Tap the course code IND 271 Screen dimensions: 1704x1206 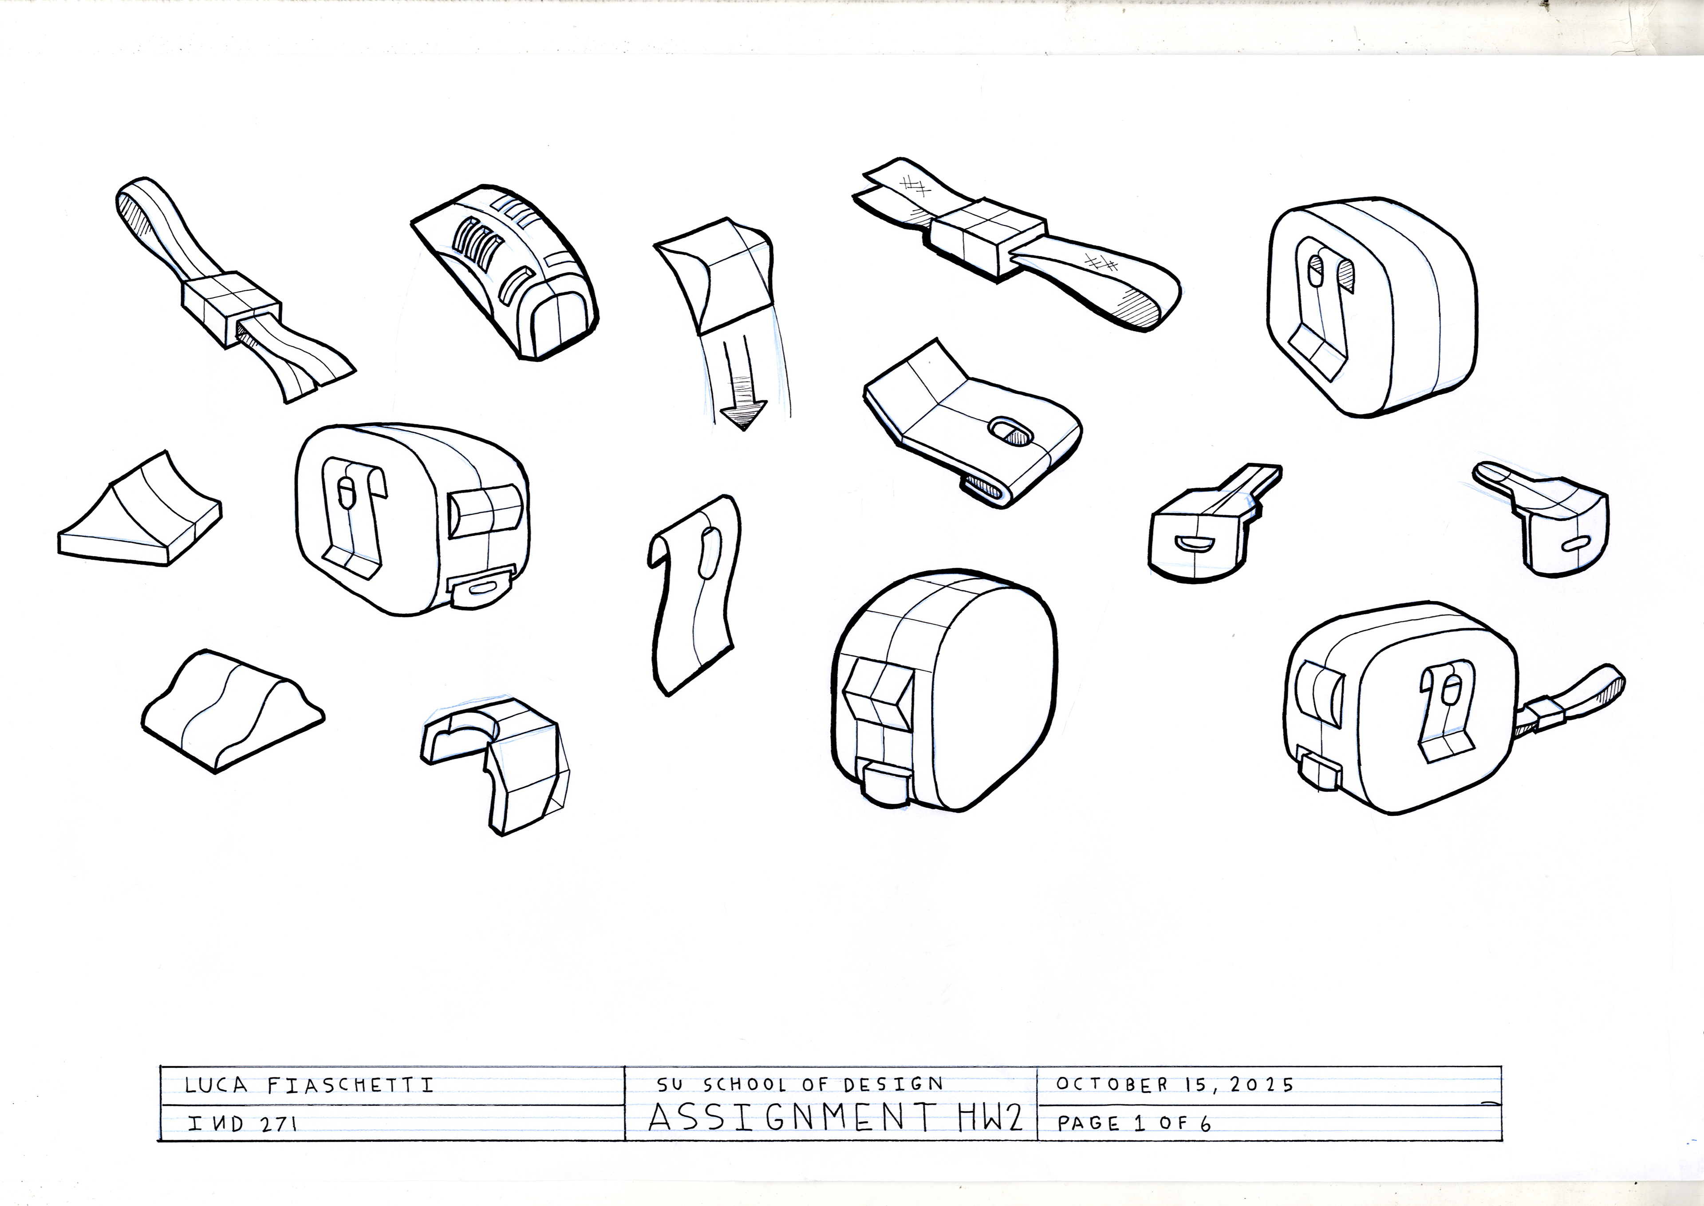[x=242, y=1123]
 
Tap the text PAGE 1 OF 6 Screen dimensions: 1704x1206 [x=1134, y=1123]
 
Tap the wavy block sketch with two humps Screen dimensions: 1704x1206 [x=232, y=709]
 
